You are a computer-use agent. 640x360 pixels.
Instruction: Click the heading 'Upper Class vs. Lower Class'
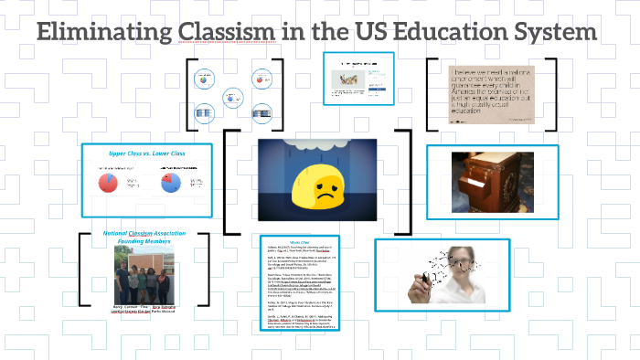147,154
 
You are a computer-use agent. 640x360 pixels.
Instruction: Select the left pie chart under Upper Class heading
108,184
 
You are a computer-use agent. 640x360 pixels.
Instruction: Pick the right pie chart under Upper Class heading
169,184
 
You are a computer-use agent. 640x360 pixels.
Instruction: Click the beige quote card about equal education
492,92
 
